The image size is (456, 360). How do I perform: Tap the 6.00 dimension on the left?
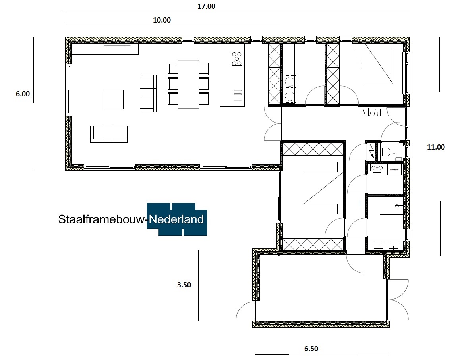pyautogui.click(x=23, y=94)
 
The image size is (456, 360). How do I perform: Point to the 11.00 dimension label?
pyautogui.click(x=436, y=147)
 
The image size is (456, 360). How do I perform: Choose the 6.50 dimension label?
pyautogui.click(x=311, y=349)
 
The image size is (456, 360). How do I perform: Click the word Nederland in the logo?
pyautogui.click(x=177, y=219)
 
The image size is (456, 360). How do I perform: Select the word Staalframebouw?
pyautogui.click(x=101, y=219)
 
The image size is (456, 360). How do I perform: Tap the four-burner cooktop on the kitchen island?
pyautogui.click(x=237, y=59)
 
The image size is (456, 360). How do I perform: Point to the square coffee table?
pyautogui.click(x=114, y=99)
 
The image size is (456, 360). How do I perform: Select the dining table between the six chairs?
pyautogui.click(x=188, y=84)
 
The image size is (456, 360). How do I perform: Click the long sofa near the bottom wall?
pyautogui.click(x=109, y=134)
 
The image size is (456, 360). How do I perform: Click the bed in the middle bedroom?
pyautogui.click(x=322, y=188)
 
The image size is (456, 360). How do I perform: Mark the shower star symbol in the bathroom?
pyautogui.click(x=396, y=206)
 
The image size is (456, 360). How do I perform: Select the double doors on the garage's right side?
pyautogui.click(x=398, y=300)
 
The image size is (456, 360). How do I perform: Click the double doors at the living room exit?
pyautogui.click(x=272, y=123)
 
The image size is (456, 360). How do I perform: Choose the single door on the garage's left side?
pyautogui.click(x=245, y=311)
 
